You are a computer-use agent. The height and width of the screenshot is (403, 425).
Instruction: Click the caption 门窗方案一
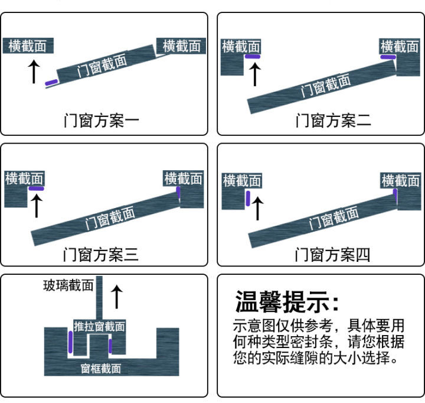[101, 121]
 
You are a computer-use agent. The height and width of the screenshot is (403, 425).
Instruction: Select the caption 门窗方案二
[333, 121]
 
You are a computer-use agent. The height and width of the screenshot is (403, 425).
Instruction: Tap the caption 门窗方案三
[101, 255]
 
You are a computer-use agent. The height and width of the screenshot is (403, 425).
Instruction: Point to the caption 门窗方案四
[333, 255]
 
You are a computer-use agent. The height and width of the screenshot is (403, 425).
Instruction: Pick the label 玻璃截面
[68, 286]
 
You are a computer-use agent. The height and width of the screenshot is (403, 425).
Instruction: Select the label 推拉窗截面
[99, 326]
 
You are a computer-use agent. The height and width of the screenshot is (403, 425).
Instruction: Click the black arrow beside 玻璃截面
[117, 296]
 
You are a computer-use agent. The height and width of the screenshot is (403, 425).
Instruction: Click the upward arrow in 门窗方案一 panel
[34, 70]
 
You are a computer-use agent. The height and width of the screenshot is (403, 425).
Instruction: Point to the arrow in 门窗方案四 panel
[258, 209]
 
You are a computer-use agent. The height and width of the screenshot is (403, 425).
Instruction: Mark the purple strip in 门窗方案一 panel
[52, 82]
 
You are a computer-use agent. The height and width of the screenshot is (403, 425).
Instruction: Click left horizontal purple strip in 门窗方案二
[253, 57]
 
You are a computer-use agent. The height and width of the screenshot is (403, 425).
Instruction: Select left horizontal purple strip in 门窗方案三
[36, 188]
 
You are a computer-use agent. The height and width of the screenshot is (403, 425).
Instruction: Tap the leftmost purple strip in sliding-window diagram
[71, 341]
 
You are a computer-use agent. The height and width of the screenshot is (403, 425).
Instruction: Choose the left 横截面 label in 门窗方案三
[25, 178]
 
